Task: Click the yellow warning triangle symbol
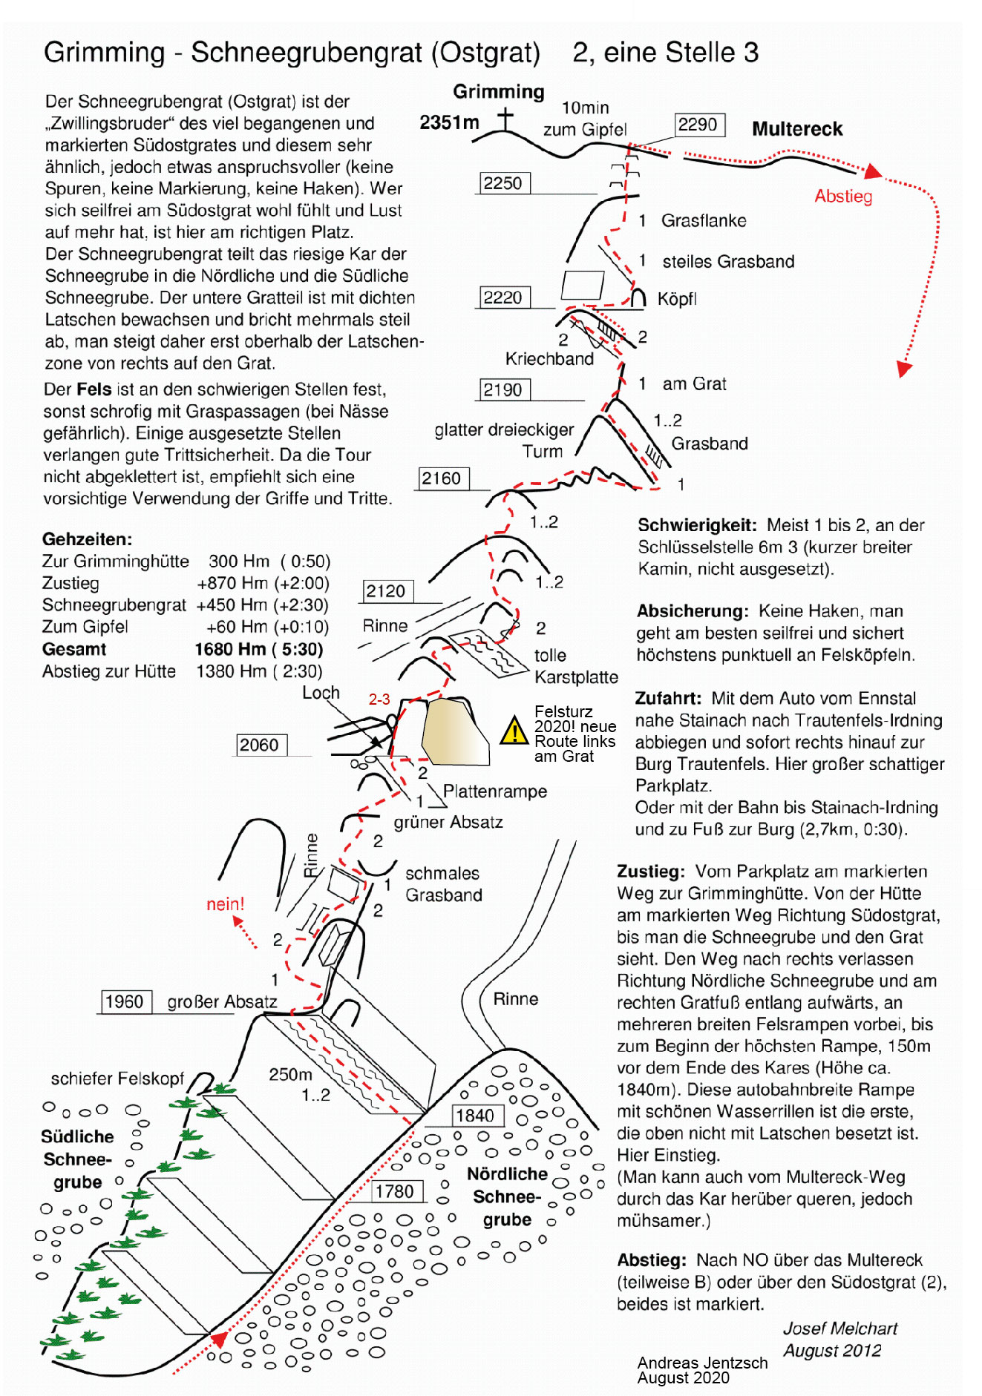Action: click(514, 731)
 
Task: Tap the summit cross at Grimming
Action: click(505, 119)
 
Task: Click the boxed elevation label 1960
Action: click(124, 1001)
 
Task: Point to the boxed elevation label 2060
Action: click(260, 745)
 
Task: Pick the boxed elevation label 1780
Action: click(396, 1191)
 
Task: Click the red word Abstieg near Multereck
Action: click(843, 197)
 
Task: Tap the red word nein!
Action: click(225, 904)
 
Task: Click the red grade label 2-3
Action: click(379, 699)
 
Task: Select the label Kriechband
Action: click(549, 359)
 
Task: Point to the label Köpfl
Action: click(677, 299)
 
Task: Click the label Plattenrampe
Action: click(495, 791)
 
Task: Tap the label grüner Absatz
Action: click(448, 822)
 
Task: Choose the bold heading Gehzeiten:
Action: click(87, 539)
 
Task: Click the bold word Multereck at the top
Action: click(797, 129)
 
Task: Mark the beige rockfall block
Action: click(453, 731)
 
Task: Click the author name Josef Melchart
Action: click(839, 1328)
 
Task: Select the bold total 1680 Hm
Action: click(230, 649)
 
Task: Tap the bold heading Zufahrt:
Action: click(668, 698)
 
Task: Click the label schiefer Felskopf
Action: click(117, 1079)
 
